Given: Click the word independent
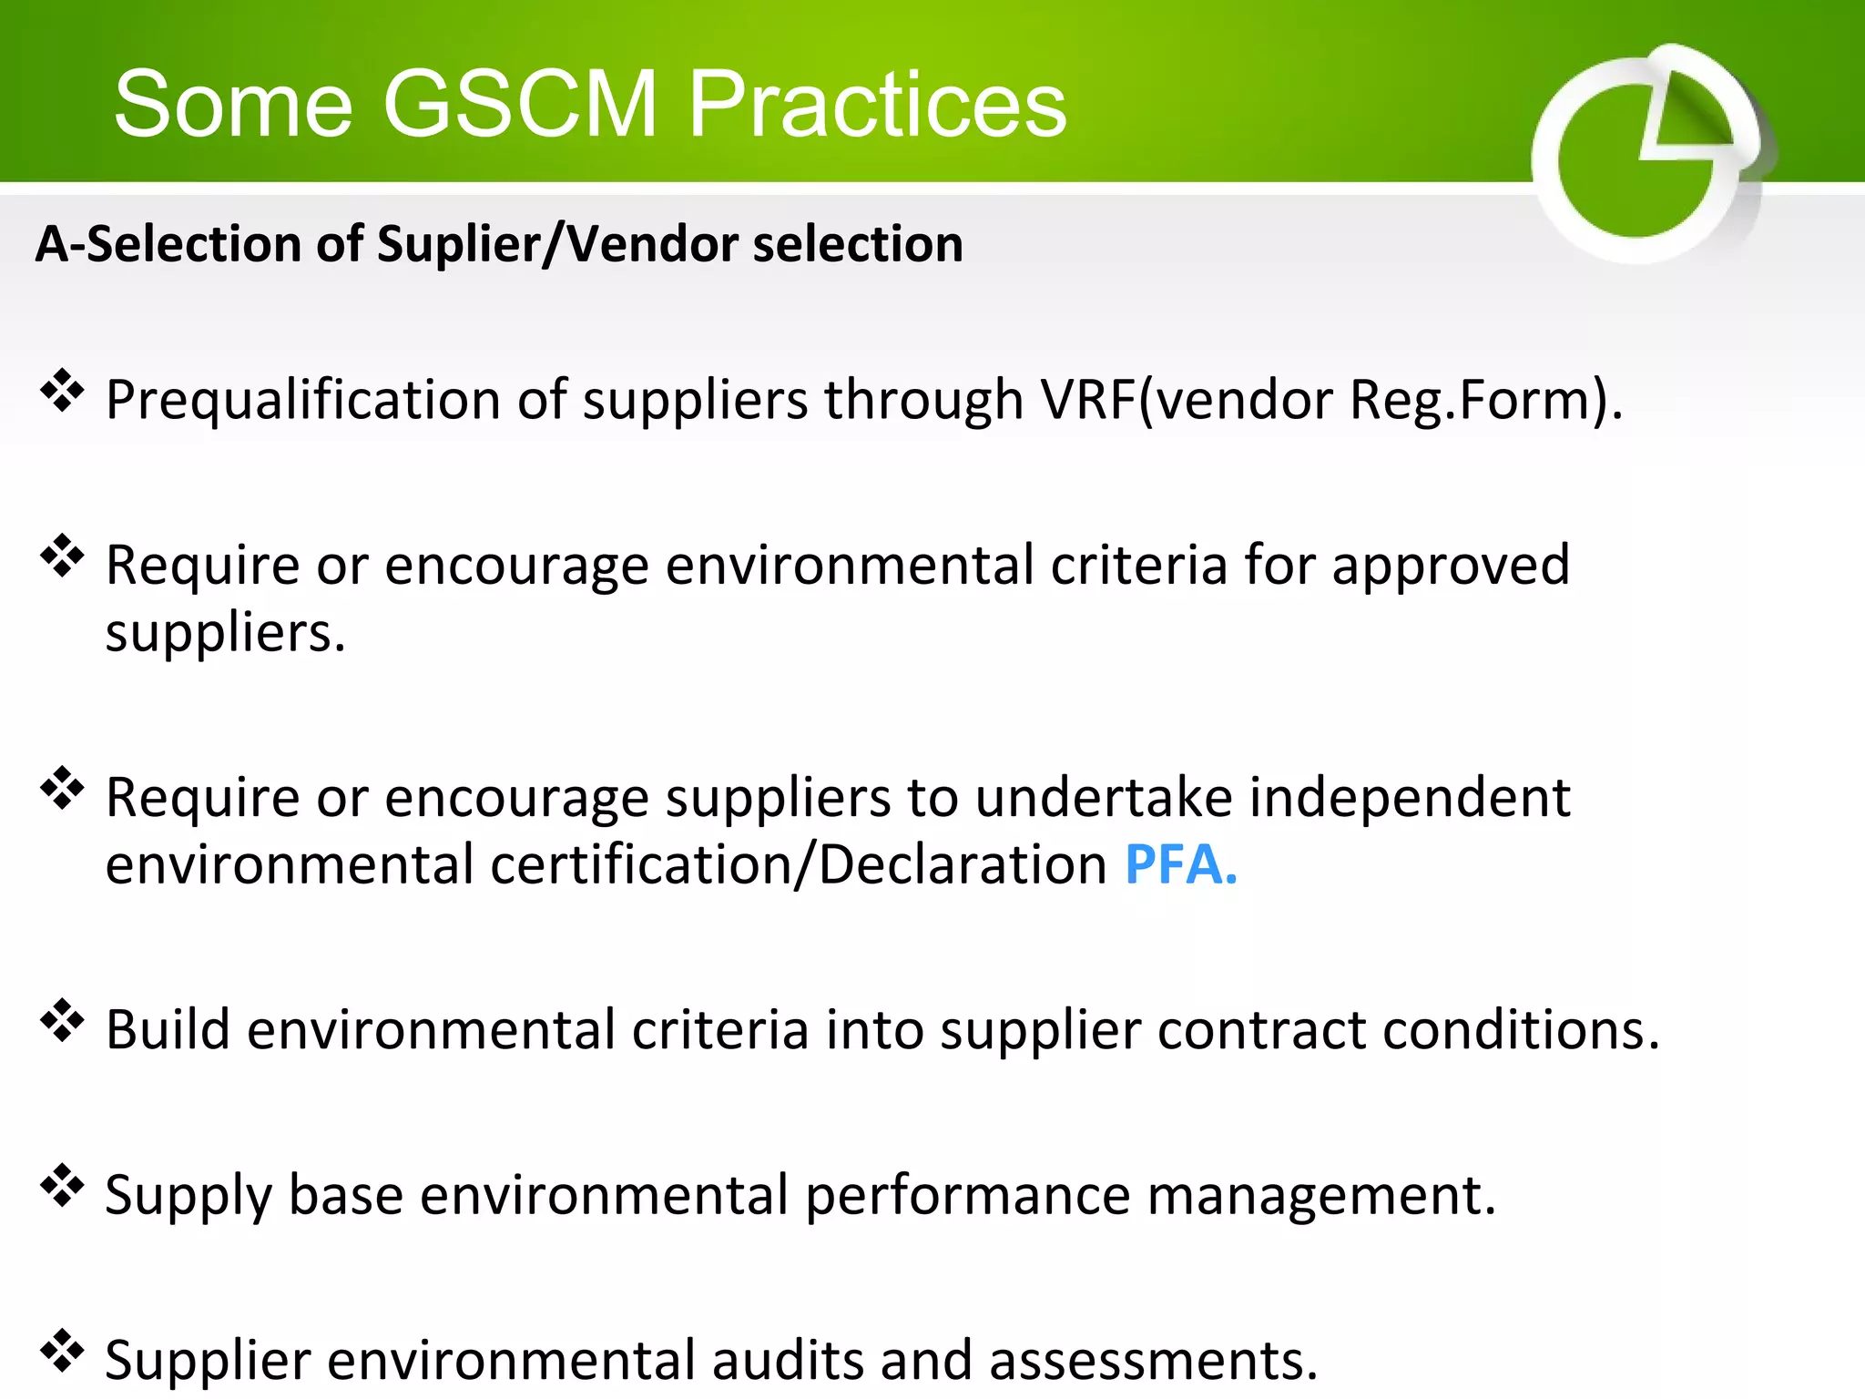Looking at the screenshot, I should (1410, 798).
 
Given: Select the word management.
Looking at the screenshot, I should (1321, 1195).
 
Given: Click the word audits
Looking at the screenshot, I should (787, 1360).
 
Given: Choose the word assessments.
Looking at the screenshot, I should (1154, 1360).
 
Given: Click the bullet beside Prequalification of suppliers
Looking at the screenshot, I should (62, 391).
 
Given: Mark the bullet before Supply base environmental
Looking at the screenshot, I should (62, 1186).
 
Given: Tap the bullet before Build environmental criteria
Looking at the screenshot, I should (62, 1020).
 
